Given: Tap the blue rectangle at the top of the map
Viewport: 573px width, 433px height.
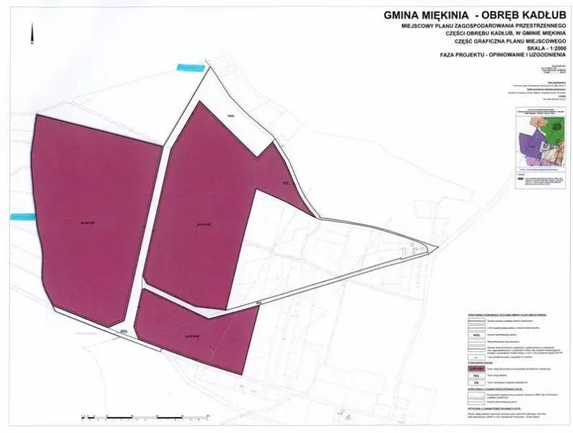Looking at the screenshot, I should click(191, 67).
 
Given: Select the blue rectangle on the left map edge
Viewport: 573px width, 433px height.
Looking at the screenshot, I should click(22, 216).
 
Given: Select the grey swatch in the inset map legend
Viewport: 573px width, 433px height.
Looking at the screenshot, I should click(520, 174).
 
